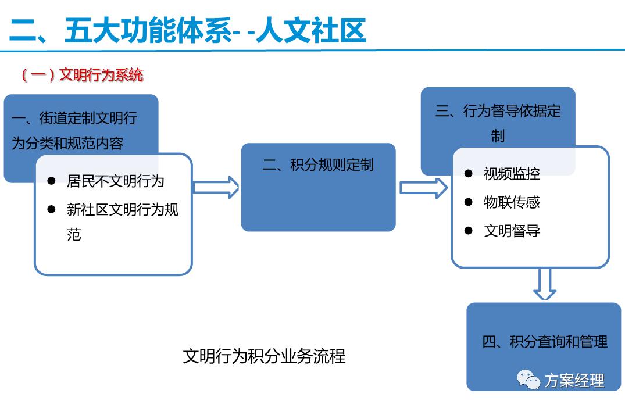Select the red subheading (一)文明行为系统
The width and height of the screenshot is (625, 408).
(82, 75)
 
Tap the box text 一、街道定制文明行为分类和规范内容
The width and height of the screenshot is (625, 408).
(74, 130)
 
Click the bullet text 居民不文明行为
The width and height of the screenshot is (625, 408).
(115, 181)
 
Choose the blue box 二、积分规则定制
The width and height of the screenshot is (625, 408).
(318, 165)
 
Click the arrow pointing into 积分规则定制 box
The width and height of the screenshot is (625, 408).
(216, 187)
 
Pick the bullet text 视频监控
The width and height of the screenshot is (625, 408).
(512, 173)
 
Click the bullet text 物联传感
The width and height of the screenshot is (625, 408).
(512, 202)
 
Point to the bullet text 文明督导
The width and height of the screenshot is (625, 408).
(512, 231)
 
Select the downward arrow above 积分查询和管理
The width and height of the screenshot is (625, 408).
(545, 284)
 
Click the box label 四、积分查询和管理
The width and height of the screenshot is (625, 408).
(545, 341)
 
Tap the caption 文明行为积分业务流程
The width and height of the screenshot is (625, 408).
(264, 356)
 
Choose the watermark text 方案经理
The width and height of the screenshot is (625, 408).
(574, 381)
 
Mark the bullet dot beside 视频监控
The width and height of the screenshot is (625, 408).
(469, 173)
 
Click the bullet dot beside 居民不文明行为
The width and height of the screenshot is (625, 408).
(52, 181)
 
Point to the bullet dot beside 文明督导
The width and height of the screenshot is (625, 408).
(469, 231)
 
